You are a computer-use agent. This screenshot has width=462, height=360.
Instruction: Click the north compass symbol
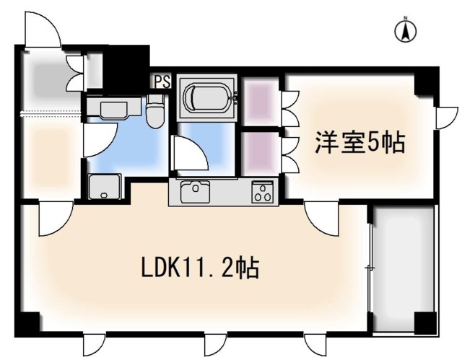point(406,30)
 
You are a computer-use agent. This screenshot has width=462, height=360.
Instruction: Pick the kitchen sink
point(194,193)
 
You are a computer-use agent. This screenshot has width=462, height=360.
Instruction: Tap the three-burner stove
point(261,193)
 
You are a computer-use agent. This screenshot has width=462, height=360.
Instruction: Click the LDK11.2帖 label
point(200,268)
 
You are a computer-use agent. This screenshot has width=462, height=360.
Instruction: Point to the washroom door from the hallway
point(94,139)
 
